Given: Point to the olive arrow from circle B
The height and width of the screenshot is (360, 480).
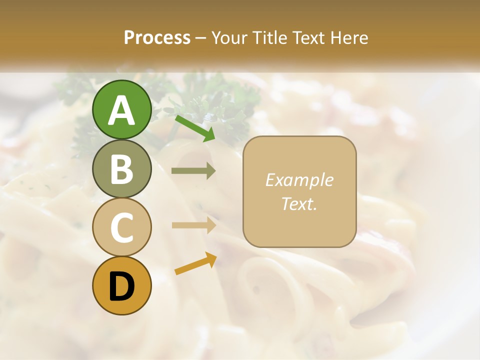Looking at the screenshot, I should pyautogui.click(x=193, y=171).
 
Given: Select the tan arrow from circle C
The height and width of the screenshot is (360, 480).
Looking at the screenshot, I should pyautogui.click(x=193, y=225).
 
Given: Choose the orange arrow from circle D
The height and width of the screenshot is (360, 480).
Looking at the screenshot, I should pyautogui.click(x=195, y=263).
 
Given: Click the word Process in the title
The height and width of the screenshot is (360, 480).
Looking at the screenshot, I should pyautogui.click(x=157, y=37).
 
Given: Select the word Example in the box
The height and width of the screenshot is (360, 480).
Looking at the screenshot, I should pyautogui.click(x=299, y=180).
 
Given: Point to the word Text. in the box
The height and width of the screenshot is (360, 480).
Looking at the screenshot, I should pyautogui.click(x=299, y=203).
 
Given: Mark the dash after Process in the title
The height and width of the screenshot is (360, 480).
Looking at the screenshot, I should pyautogui.click(x=201, y=38).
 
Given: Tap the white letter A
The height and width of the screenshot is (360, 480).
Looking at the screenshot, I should pyautogui.click(x=121, y=110).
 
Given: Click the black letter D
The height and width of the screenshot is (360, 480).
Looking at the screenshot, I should pyautogui.click(x=121, y=286).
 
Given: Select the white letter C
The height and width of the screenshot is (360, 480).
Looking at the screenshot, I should pyautogui.click(x=121, y=227).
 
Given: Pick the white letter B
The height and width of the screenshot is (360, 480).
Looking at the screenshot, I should pyautogui.click(x=121, y=169).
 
